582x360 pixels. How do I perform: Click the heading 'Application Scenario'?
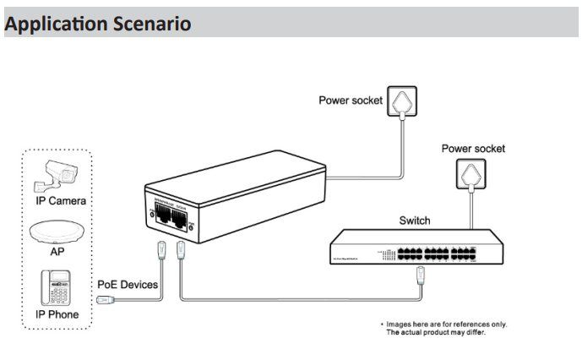click(98, 24)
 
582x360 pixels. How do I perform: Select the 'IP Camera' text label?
click(61, 201)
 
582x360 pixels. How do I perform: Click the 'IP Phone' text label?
click(57, 314)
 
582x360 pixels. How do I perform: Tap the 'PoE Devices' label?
click(127, 285)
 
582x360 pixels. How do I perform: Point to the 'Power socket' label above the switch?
click(473, 149)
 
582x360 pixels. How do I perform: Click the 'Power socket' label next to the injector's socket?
click(350, 101)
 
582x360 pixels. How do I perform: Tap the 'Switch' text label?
click(414, 221)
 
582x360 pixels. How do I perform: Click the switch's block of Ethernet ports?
click(431, 251)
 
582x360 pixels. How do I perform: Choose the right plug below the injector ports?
click(182, 251)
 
